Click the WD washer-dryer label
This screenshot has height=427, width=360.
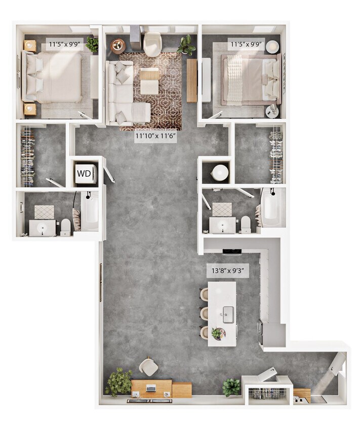pyautogui.click(x=84, y=176)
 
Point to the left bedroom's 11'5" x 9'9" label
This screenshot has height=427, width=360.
pyautogui.click(x=64, y=45)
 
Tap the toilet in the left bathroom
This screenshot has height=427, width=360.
pyautogui.click(x=65, y=227)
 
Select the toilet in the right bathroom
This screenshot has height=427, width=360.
pyautogui.click(x=246, y=224)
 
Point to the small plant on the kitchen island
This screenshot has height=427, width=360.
pyautogui.click(x=218, y=333)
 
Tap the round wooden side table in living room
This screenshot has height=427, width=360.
pyautogui.click(x=118, y=47)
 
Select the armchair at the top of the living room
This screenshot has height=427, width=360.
pyautogui.click(x=152, y=45)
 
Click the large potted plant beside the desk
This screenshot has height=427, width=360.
pyautogui.click(x=118, y=382)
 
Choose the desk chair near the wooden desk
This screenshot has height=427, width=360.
pyautogui.click(x=148, y=366)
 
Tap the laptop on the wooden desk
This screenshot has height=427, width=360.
pyautogui.click(x=151, y=389)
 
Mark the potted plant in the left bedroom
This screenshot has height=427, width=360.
pyautogui.click(x=92, y=44)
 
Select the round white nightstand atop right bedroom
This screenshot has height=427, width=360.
pyautogui.click(x=272, y=46)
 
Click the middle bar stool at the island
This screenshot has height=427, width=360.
pyautogui.click(x=205, y=314)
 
